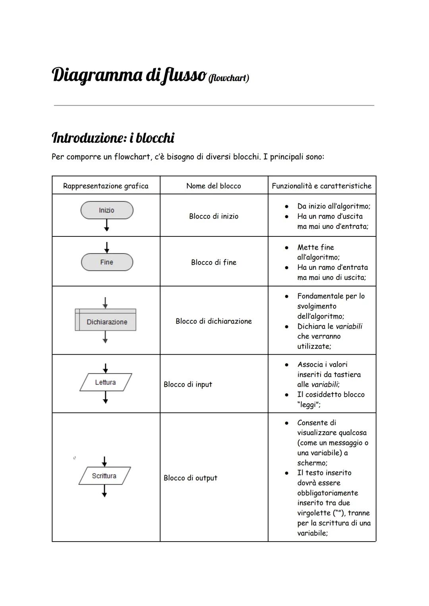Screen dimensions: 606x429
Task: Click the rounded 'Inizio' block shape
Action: click(x=106, y=210)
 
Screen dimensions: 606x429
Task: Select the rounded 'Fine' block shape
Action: click(x=106, y=262)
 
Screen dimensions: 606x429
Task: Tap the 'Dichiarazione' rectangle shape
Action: click(x=106, y=321)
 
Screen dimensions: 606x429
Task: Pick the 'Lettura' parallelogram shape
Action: click(x=105, y=382)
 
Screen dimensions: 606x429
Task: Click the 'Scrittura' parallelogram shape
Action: click(x=104, y=476)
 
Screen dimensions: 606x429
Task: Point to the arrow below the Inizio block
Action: click(x=106, y=225)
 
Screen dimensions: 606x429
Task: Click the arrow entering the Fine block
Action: click(x=106, y=248)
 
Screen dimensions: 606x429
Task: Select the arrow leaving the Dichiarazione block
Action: click(x=105, y=337)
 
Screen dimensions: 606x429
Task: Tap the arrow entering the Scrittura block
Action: click(x=104, y=461)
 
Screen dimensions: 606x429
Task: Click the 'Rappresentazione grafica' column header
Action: click(x=106, y=186)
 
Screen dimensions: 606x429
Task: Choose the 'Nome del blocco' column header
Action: click(x=214, y=186)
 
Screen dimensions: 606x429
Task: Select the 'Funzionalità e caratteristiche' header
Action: click(x=322, y=186)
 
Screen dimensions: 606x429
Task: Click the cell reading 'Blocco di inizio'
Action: click(x=214, y=216)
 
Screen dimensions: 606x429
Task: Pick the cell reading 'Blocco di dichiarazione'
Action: click(x=214, y=321)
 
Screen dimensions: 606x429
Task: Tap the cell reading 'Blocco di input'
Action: click(x=188, y=384)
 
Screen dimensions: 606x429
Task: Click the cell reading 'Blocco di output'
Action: click(x=190, y=478)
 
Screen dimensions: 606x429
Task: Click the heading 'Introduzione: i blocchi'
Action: click(x=113, y=138)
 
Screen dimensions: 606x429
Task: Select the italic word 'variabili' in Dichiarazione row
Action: click(x=349, y=326)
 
